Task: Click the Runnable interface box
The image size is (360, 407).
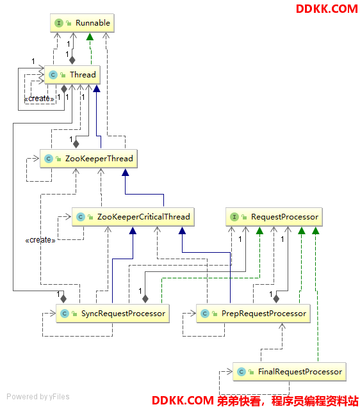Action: click(x=82, y=23)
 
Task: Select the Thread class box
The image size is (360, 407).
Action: click(x=72, y=75)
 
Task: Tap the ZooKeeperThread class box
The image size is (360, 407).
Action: click(x=88, y=159)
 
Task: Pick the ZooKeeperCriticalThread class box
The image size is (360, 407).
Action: click(x=133, y=217)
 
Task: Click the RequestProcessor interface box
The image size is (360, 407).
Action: click(x=274, y=217)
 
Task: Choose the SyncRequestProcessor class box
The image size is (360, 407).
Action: click(x=113, y=314)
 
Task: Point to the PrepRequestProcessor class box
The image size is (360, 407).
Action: click(x=253, y=314)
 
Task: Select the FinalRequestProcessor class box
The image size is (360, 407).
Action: click(x=290, y=372)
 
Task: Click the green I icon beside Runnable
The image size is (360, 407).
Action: click(x=59, y=23)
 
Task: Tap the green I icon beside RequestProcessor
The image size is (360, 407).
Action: click(x=234, y=217)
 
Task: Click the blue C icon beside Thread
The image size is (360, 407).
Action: click(x=53, y=75)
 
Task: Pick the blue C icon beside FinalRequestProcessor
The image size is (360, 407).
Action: click(x=241, y=372)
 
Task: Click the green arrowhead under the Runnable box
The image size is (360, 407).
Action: click(x=90, y=36)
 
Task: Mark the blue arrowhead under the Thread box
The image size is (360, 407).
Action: click(x=97, y=88)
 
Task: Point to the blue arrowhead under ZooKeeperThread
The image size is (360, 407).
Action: click(x=126, y=172)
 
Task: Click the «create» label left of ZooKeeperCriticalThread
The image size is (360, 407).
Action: click(x=40, y=240)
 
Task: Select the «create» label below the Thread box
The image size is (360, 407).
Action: click(x=39, y=99)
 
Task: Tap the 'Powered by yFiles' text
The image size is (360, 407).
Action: click(x=38, y=397)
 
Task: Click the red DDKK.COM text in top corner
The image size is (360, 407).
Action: click(x=327, y=9)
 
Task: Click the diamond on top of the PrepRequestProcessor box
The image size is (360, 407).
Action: click(x=276, y=299)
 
